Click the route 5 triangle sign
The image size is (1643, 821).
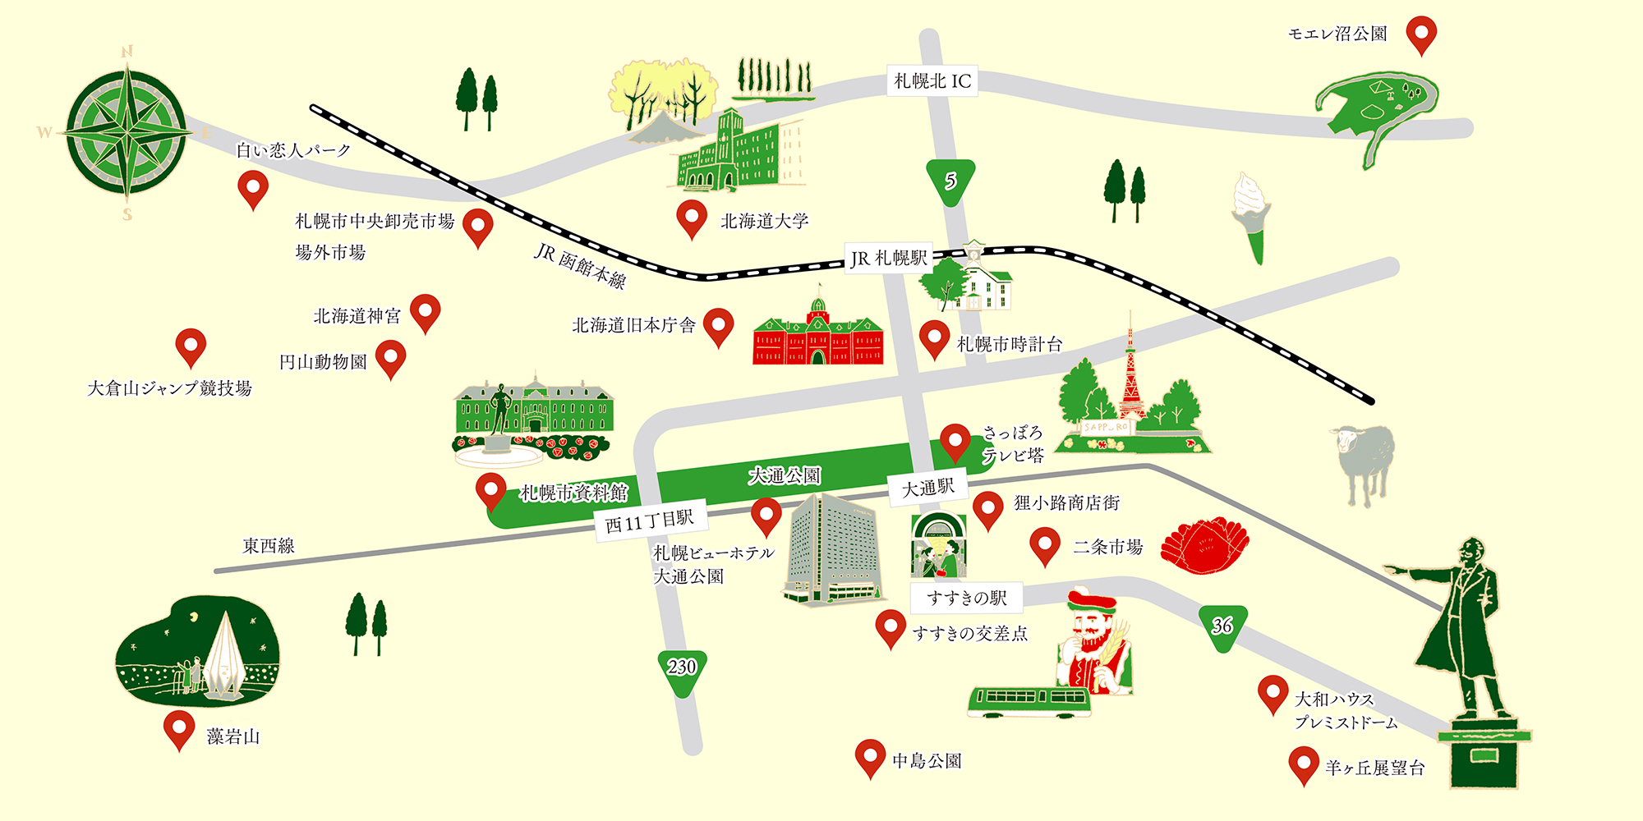pyautogui.click(x=950, y=181)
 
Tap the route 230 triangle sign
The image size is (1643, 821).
pyautogui.click(x=682, y=668)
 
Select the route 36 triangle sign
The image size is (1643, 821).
pyautogui.click(x=1222, y=626)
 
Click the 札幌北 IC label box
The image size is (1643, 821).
pyautogui.click(x=932, y=80)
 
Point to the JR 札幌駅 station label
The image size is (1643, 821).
pyautogui.click(x=889, y=259)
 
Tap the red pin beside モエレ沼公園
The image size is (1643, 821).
pyautogui.click(x=1421, y=34)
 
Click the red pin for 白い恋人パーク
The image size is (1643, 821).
pyautogui.click(x=253, y=188)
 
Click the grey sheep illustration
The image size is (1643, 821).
pyautogui.click(x=1364, y=460)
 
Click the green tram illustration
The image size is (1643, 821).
pyautogui.click(x=1029, y=701)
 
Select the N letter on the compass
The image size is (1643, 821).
pyautogui.click(x=127, y=52)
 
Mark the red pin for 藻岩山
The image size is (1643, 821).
pyautogui.click(x=179, y=728)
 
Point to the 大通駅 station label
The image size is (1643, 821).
pyautogui.click(x=928, y=488)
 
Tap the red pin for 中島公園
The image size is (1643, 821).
pyautogui.click(x=870, y=756)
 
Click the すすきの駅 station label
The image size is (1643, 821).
pyautogui.click(x=966, y=598)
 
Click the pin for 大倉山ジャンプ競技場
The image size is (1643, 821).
pyautogui.click(x=191, y=346)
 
